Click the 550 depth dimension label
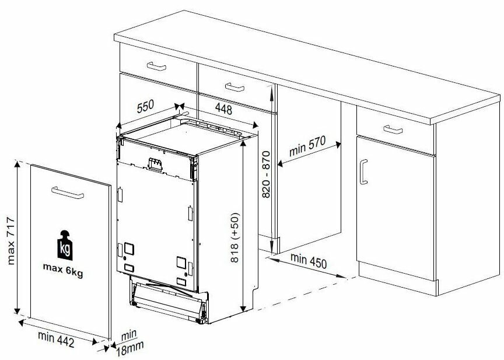point(146,106)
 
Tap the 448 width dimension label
point(223,109)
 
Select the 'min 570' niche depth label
point(307,146)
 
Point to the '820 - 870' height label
point(266,174)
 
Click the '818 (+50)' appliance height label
point(235,237)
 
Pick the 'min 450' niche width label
point(309,261)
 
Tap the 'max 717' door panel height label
point(10,241)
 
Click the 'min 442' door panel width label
point(56,339)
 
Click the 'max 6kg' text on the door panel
point(63,270)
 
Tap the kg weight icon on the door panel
point(65,245)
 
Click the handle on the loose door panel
point(68,193)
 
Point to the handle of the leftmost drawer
point(156,66)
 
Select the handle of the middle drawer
point(235,87)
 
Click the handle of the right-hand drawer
point(393,130)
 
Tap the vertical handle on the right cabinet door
point(363,172)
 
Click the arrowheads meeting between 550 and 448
point(180,106)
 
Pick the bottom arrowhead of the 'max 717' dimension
point(17,311)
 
